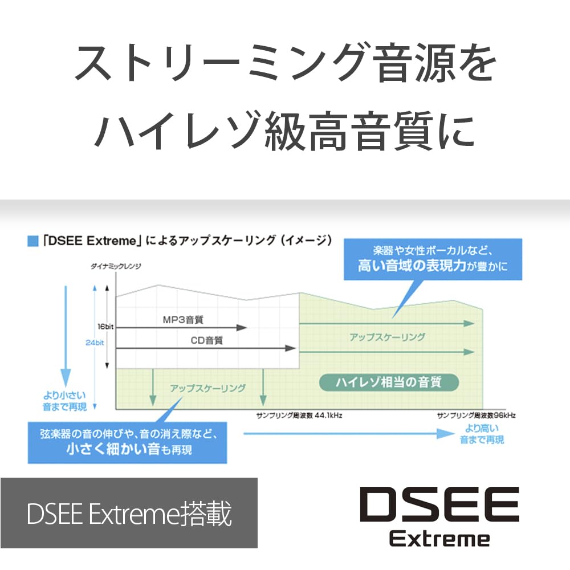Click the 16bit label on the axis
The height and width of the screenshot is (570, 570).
(105, 327)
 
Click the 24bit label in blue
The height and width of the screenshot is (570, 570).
(95, 343)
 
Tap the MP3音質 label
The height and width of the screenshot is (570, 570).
(183, 320)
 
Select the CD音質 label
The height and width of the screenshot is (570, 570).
(206, 340)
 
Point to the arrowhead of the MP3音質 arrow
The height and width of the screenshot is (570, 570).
(242, 328)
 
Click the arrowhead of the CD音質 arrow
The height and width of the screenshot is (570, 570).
(291, 348)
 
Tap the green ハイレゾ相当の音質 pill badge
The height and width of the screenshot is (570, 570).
(389, 382)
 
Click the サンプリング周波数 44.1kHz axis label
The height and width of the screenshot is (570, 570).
(299, 415)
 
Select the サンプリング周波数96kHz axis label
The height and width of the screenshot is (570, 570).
(476, 415)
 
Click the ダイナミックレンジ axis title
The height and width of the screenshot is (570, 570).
(116, 266)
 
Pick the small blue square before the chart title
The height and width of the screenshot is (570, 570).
(33, 241)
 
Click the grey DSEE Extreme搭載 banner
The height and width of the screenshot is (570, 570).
(129, 513)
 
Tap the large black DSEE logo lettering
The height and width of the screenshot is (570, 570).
(439, 504)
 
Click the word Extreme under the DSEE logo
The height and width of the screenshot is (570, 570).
(439, 539)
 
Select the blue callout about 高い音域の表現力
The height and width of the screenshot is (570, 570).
(433, 259)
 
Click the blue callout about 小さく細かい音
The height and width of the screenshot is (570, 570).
(127, 442)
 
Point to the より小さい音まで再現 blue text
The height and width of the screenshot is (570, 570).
(65, 401)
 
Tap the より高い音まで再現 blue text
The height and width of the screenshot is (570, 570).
(482, 434)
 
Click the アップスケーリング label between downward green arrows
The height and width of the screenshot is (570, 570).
(207, 388)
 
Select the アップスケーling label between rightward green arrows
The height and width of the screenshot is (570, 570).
(387, 337)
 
